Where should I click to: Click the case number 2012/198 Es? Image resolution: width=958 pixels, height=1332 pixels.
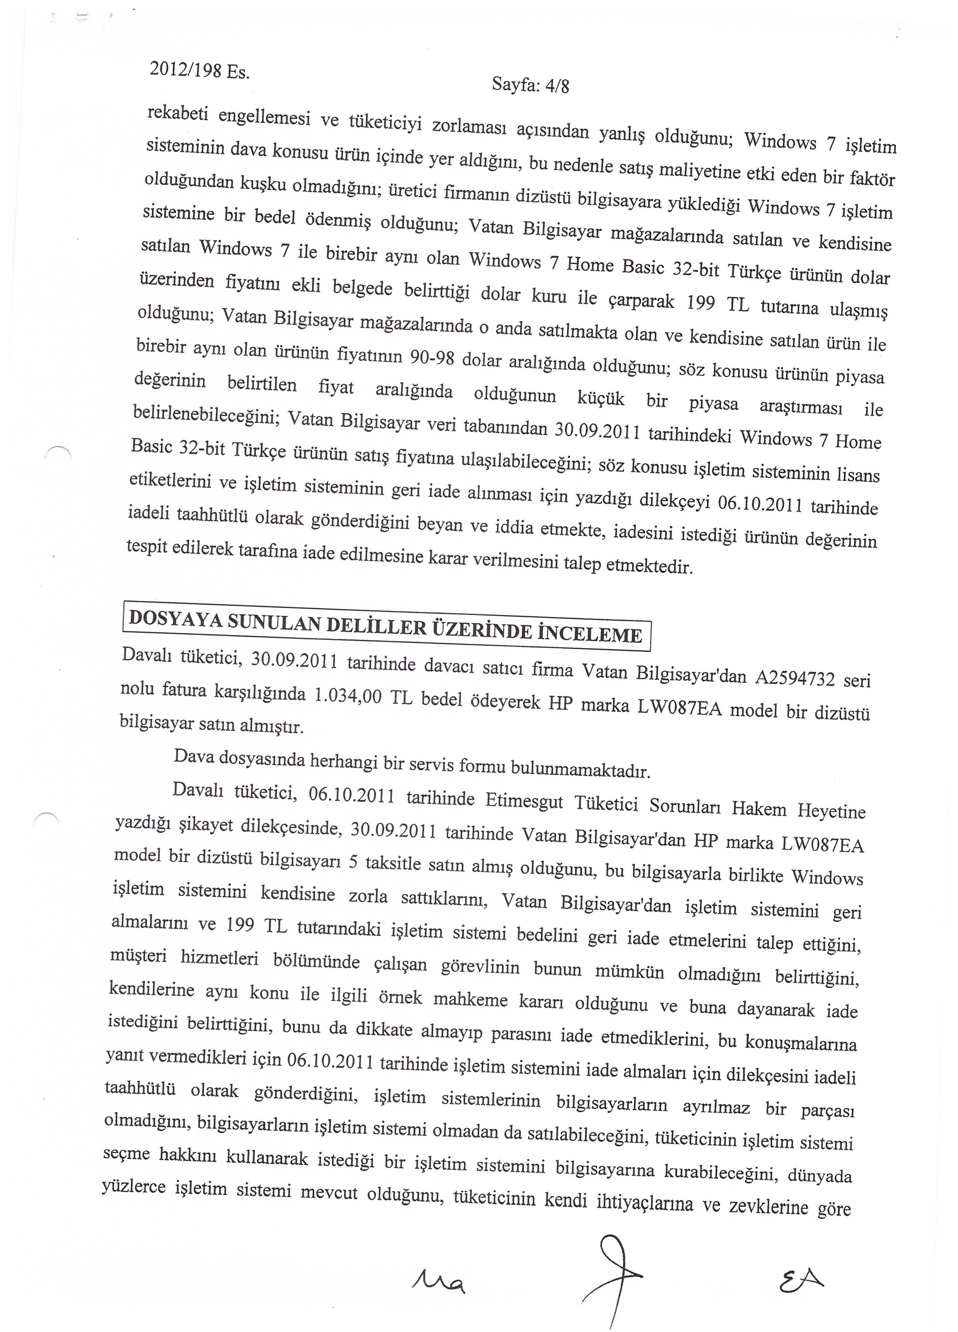[200, 70]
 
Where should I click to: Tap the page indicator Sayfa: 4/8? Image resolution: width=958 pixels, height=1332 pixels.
[530, 86]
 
